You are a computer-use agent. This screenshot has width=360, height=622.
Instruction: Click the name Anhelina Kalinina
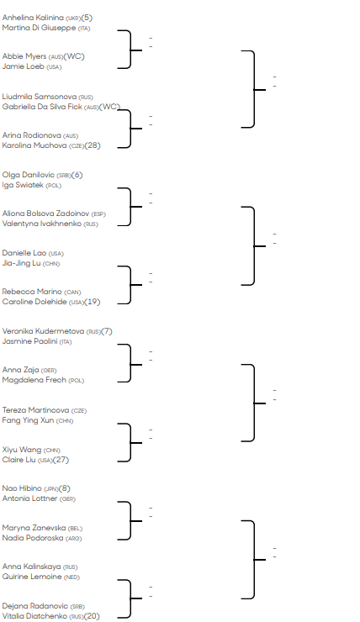(33, 18)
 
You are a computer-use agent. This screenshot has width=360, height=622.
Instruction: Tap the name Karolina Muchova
(34, 145)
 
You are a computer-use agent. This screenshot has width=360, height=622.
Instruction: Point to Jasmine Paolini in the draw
(29, 341)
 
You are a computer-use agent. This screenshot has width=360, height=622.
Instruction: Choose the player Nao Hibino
(22, 488)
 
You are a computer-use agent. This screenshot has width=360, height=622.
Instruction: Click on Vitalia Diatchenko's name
(34, 616)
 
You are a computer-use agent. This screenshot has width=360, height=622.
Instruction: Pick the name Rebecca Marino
(32, 292)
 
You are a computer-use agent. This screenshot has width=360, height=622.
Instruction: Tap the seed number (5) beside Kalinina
(87, 18)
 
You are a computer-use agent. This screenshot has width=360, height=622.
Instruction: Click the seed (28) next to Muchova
(93, 145)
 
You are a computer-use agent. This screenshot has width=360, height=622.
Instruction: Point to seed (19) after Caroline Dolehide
(93, 302)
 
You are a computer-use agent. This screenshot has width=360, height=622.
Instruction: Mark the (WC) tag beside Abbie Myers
(74, 56)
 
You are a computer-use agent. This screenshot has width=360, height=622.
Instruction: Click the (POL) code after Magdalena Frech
(77, 381)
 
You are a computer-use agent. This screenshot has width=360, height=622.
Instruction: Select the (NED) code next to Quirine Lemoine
(71, 577)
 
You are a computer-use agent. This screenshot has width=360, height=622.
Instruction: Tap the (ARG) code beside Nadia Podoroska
(74, 538)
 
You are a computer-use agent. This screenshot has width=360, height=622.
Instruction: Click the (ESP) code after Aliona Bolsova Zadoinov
(98, 214)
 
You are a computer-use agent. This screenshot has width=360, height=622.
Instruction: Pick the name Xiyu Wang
(22, 450)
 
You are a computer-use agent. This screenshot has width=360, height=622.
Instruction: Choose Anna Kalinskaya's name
(31, 567)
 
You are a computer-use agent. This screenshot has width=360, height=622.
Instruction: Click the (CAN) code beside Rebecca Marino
(72, 293)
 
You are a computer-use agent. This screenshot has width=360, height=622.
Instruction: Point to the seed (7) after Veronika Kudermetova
(107, 331)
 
